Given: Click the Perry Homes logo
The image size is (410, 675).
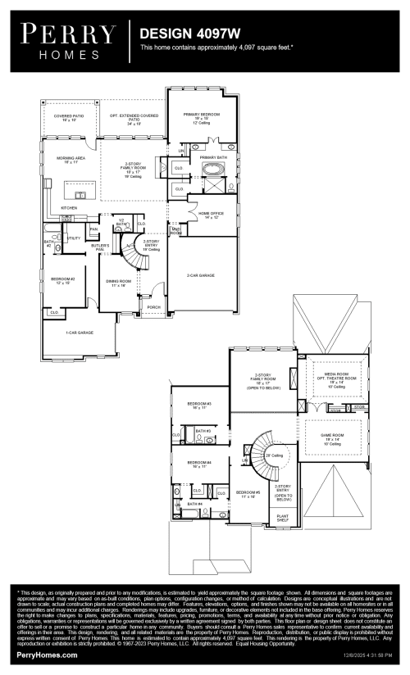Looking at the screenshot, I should [x=64, y=39].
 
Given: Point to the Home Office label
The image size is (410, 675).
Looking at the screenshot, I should [x=211, y=215].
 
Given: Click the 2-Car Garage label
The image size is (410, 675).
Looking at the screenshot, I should [x=201, y=275].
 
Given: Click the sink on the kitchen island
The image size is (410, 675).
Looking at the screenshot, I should [x=80, y=196].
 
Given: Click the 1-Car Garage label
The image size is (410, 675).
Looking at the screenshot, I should [x=79, y=333].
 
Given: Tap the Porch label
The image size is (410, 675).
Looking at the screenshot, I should [x=153, y=308].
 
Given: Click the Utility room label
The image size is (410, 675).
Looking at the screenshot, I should [x=73, y=238].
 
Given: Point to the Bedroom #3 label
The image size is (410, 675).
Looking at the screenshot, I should [x=199, y=404].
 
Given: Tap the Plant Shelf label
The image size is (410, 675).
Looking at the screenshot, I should [x=282, y=518].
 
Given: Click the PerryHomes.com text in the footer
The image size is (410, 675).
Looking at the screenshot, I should [x=48, y=655].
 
